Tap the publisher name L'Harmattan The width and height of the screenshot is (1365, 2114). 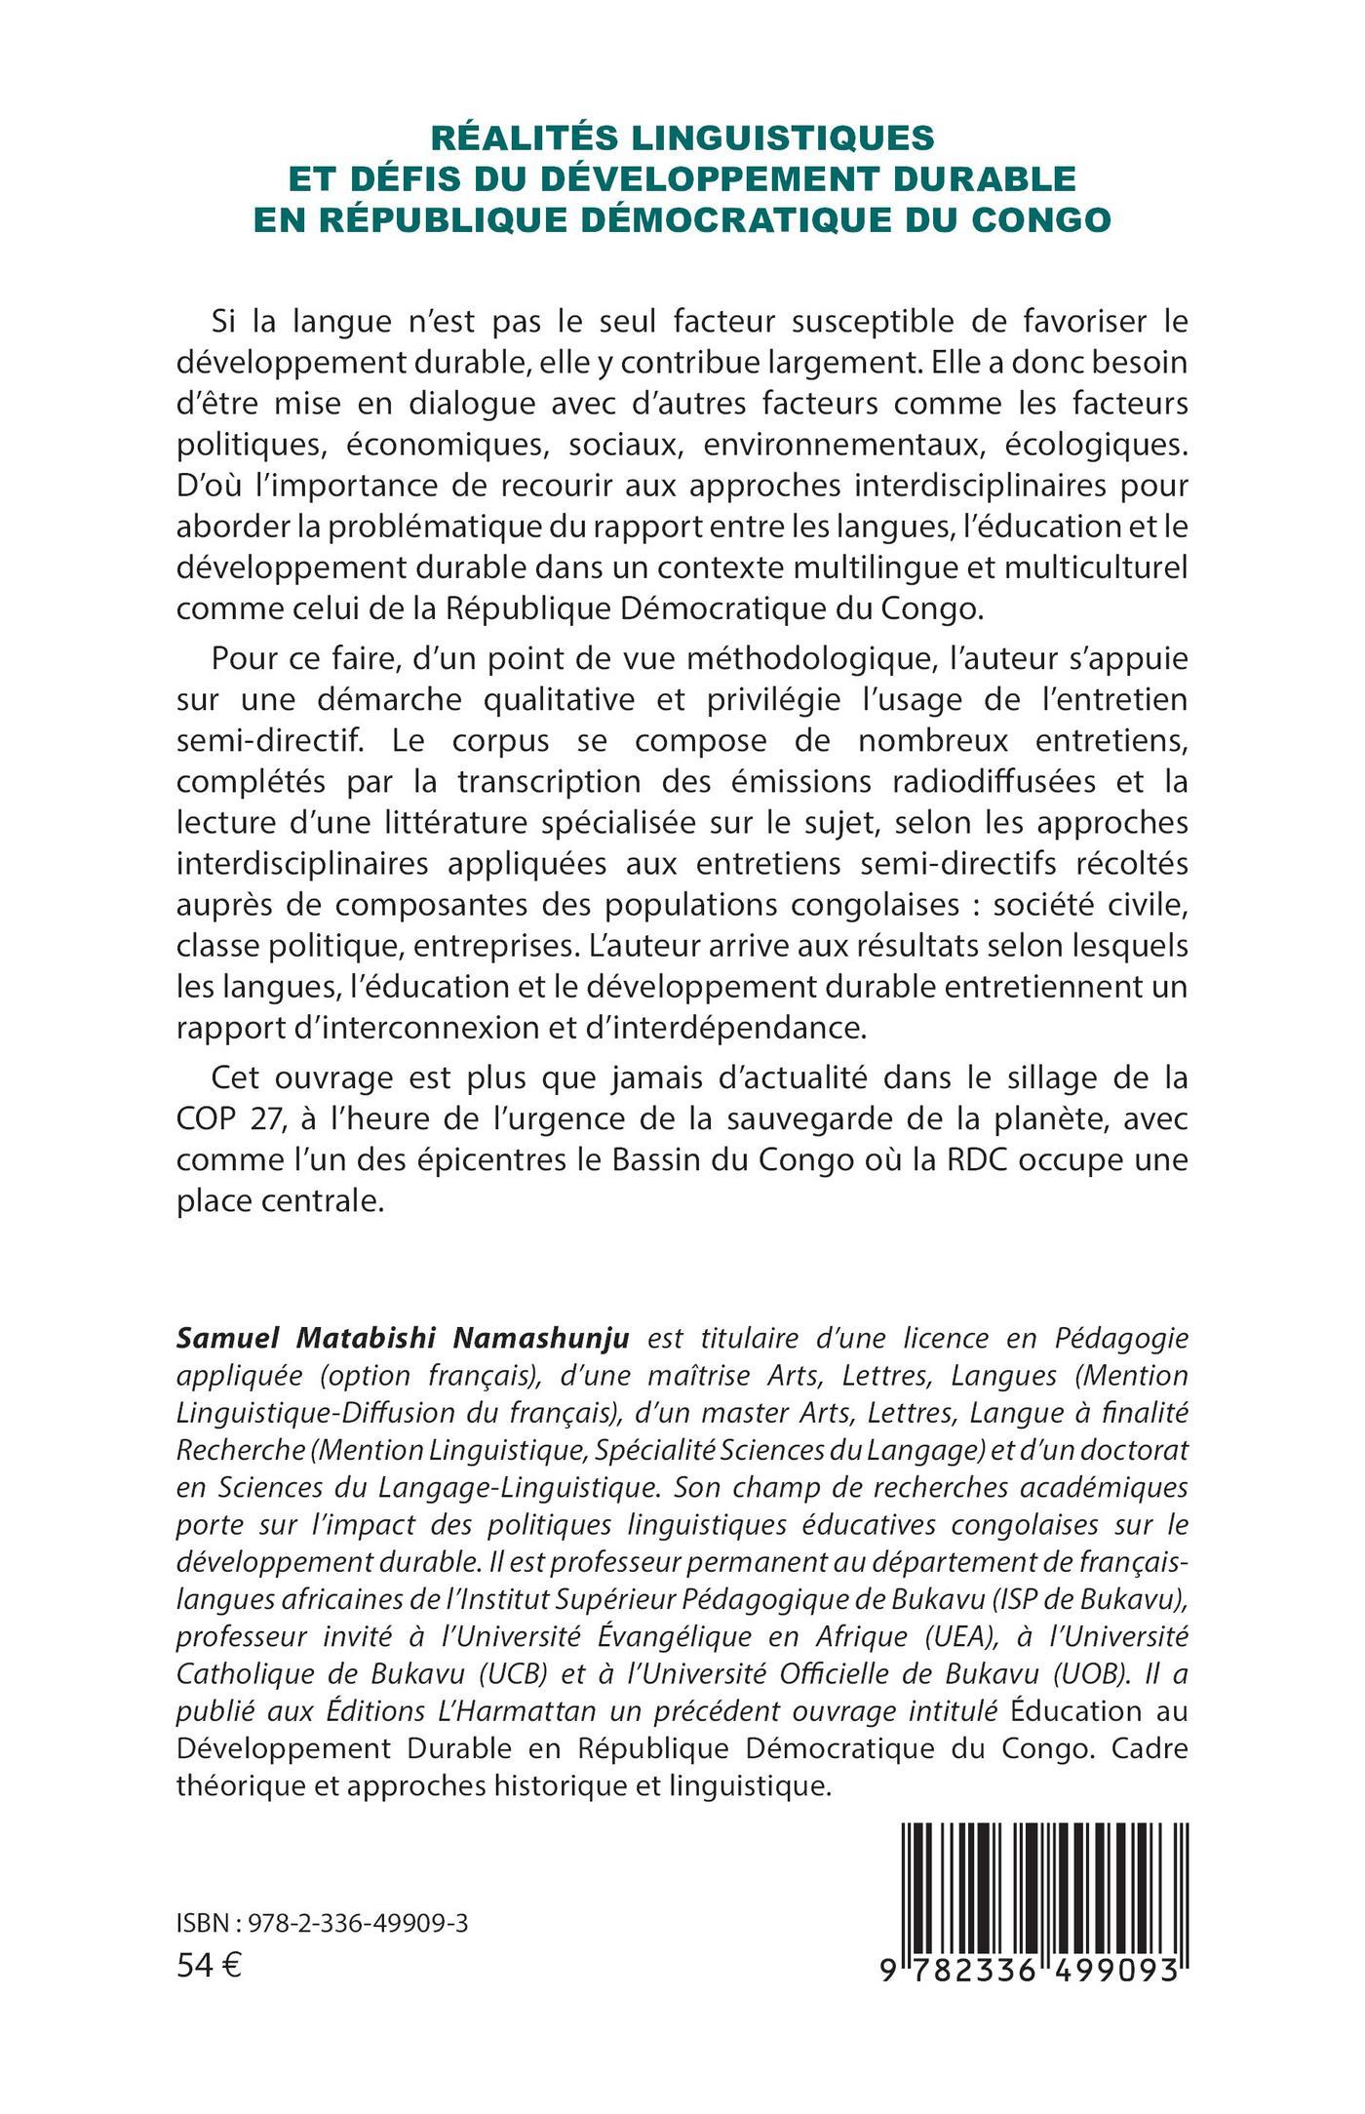tap(525, 1712)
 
